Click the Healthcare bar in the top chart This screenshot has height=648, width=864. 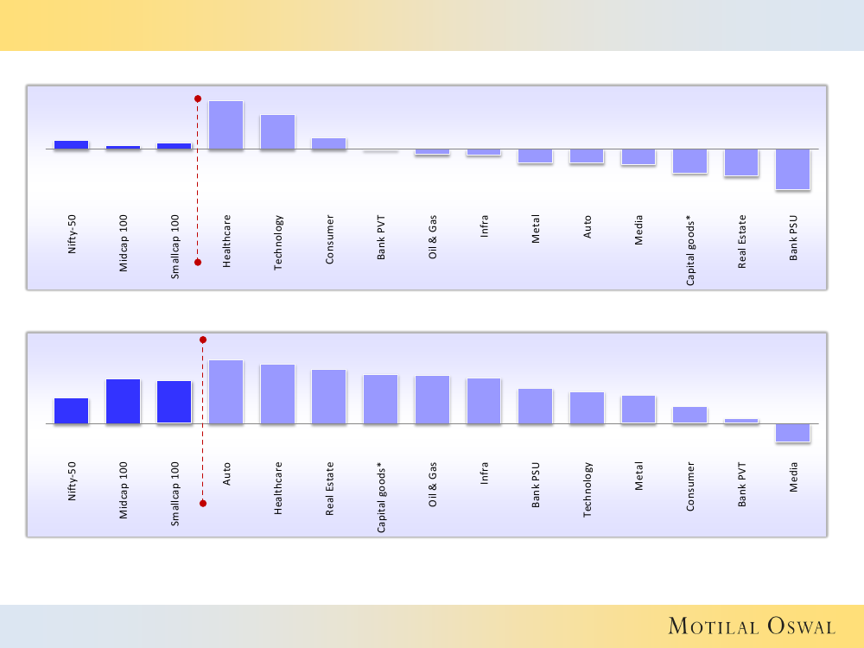[x=226, y=125]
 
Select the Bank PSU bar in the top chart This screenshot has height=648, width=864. [x=793, y=169]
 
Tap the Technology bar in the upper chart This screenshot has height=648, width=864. [x=277, y=132]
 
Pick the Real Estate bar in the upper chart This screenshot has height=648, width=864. [x=741, y=163]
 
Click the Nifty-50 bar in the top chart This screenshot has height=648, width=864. [x=71, y=145]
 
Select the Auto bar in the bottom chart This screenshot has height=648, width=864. [x=226, y=392]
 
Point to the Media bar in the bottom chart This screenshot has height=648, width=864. [x=793, y=433]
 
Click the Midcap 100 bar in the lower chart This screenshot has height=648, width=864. [x=123, y=402]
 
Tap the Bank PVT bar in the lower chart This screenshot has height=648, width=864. [x=741, y=421]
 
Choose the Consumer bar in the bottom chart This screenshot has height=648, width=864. [x=689, y=415]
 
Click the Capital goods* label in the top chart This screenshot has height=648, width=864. [x=690, y=251]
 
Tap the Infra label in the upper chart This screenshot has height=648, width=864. [x=484, y=232]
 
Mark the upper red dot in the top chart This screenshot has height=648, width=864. [x=198, y=98]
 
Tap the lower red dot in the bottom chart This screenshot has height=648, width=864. [x=203, y=503]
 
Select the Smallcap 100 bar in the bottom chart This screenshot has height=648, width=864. [x=174, y=403]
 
